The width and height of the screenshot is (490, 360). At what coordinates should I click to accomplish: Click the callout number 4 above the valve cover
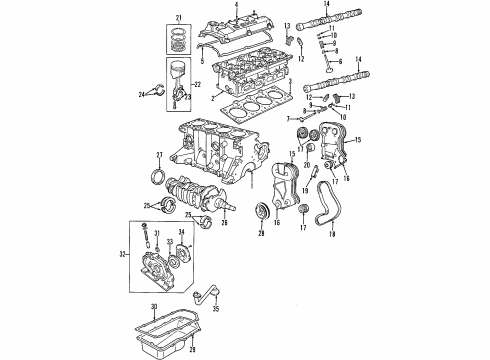[x=236, y=6]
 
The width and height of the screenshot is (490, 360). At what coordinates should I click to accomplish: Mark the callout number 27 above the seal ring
[x=159, y=154]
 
